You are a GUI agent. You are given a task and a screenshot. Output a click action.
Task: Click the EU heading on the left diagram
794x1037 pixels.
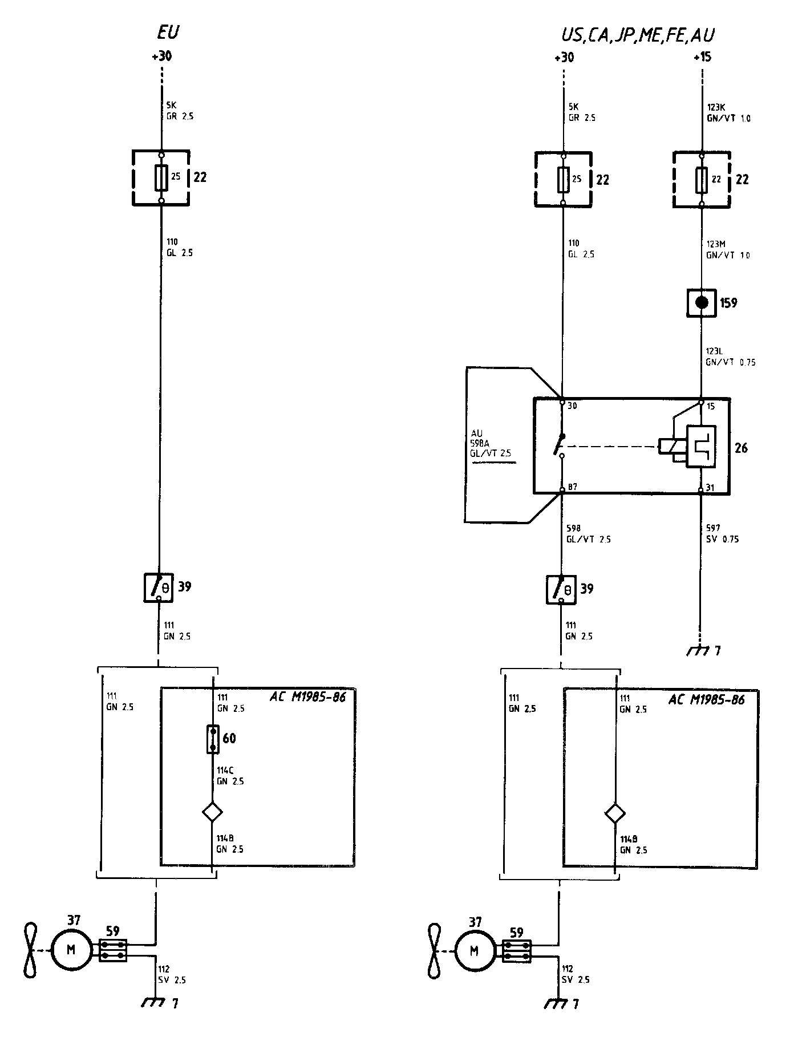pyautogui.click(x=168, y=33)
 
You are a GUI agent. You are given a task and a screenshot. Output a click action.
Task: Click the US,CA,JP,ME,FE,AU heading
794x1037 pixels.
pyautogui.click(x=637, y=35)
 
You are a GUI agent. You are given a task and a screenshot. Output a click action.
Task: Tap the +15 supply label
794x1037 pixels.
pyautogui.click(x=702, y=58)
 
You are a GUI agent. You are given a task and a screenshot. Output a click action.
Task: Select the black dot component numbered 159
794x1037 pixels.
pyautogui.click(x=702, y=302)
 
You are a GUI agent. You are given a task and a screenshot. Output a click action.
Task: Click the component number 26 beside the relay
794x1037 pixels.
pyautogui.click(x=740, y=448)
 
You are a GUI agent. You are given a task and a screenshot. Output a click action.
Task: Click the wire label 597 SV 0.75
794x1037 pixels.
pyautogui.click(x=722, y=533)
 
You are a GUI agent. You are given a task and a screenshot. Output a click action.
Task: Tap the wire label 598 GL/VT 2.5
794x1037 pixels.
pyautogui.click(x=588, y=533)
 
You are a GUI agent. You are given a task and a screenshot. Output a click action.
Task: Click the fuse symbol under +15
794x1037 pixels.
pyautogui.click(x=702, y=179)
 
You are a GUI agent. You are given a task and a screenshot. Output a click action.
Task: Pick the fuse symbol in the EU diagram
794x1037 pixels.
pyautogui.click(x=161, y=177)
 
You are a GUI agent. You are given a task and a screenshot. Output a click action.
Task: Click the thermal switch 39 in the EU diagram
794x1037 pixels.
pyautogui.click(x=158, y=587)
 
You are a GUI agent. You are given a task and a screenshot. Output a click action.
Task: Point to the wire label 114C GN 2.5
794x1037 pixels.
pyautogui.click(x=230, y=776)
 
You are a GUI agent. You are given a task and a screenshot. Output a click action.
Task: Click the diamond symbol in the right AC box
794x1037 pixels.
pyautogui.click(x=615, y=813)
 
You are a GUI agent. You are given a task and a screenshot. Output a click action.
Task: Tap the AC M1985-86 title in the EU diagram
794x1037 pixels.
pyautogui.click(x=307, y=697)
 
